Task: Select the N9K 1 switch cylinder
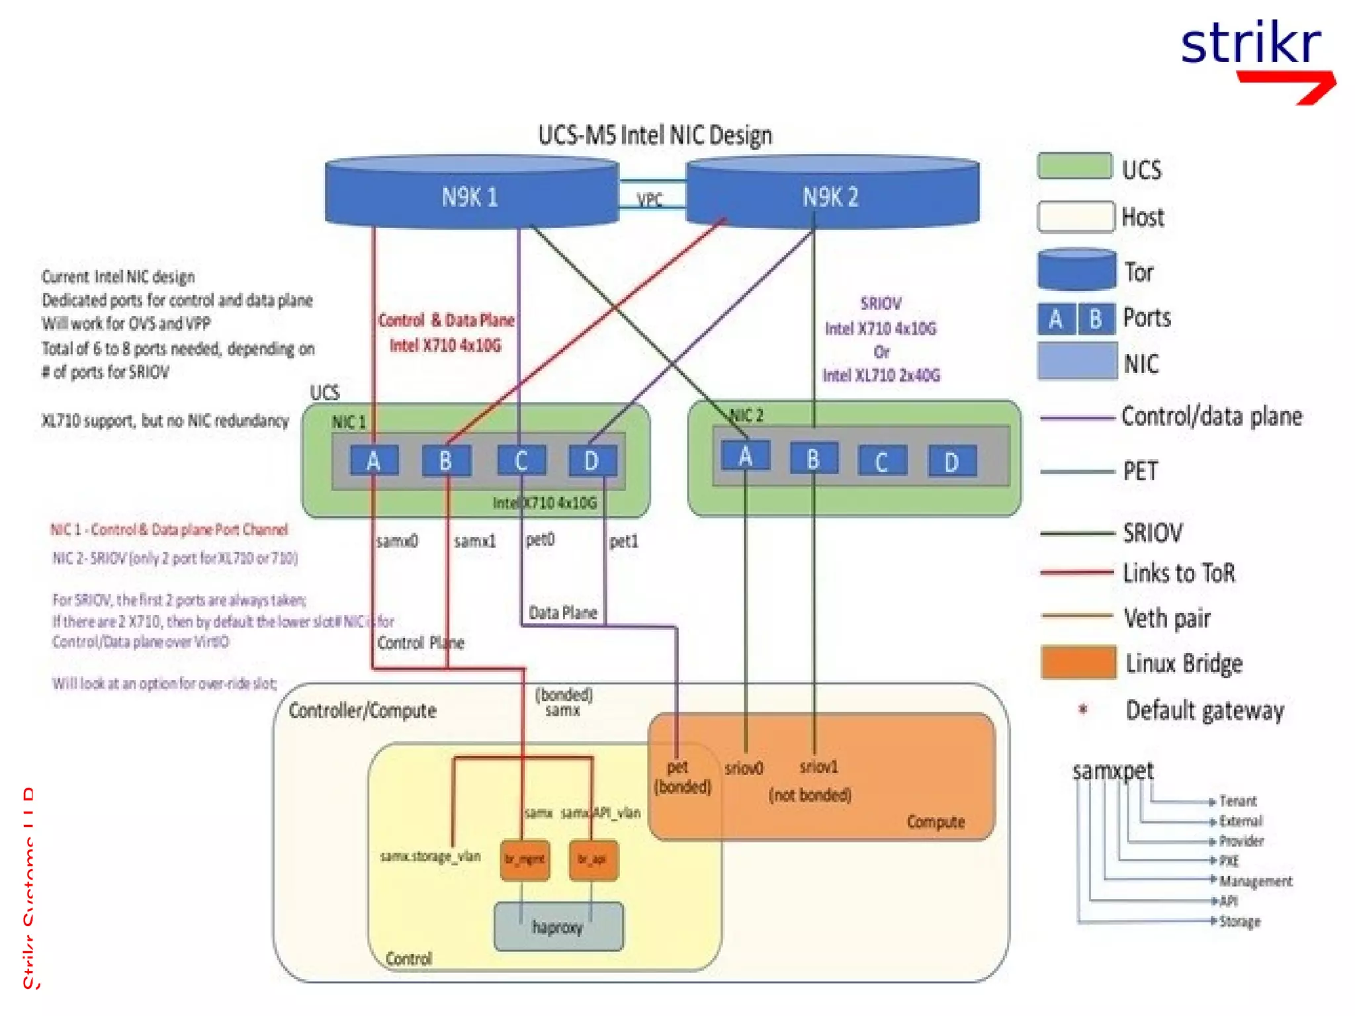click(x=470, y=196)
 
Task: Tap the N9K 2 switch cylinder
click(x=831, y=196)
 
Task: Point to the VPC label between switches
click(x=649, y=200)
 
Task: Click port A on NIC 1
click(x=374, y=460)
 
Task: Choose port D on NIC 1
click(x=592, y=460)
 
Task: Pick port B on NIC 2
click(x=813, y=458)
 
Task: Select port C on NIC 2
click(x=881, y=461)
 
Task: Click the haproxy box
click(x=558, y=927)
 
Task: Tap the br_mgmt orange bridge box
click(x=524, y=859)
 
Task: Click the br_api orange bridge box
click(x=592, y=859)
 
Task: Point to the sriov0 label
click(x=744, y=769)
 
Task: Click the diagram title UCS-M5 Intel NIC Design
click(x=654, y=135)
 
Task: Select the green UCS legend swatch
click(x=1074, y=167)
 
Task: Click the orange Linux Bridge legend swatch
click(x=1078, y=663)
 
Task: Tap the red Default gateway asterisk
click(x=1083, y=709)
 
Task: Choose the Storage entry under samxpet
click(x=1239, y=921)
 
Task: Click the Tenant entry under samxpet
click(x=1237, y=801)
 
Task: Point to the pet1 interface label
click(x=623, y=542)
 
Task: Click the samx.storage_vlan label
click(x=430, y=857)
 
